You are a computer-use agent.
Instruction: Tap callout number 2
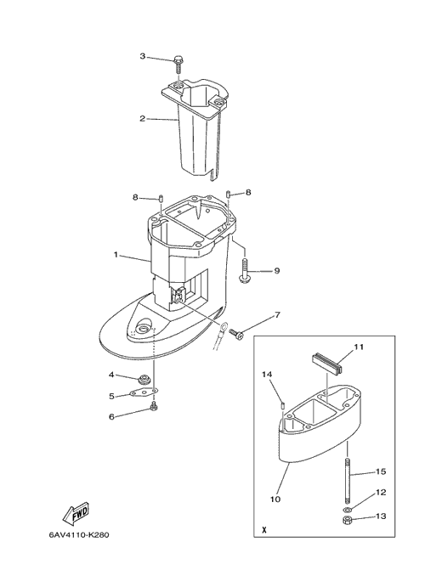142,119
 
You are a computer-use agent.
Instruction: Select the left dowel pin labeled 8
161,198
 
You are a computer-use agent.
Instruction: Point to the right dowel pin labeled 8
228,194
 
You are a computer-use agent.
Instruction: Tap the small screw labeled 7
236,332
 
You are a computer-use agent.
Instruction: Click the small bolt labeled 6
153,406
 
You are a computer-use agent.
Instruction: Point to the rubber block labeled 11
327,363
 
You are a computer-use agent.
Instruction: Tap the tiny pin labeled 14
283,404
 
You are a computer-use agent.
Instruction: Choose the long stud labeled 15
347,483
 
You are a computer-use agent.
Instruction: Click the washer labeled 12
347,510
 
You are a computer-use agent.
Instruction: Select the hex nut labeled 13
347,520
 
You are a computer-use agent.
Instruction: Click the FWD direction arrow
76,513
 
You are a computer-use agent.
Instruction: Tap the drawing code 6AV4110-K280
79,534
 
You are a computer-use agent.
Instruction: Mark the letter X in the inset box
264,530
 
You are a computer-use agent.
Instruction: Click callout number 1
116,255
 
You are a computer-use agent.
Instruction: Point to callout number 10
275,499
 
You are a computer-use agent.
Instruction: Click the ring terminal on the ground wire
223,328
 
